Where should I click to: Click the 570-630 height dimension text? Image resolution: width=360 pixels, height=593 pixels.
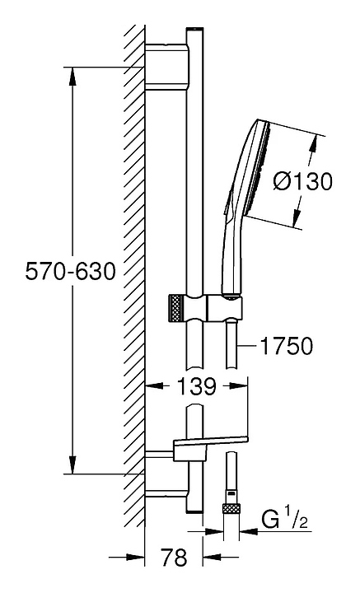tap(70, 272)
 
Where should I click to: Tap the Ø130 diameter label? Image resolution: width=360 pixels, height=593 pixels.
tap(302, 181)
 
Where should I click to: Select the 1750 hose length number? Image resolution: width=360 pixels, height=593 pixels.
tap(287, 346)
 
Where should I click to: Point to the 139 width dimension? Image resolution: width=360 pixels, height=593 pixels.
tap(197, 386)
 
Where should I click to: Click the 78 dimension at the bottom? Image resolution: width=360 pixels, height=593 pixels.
tap(174, 557)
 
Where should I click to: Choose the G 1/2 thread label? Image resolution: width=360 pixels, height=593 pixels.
tap(285, 521)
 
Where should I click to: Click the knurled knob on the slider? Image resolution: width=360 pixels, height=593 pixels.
tap(175, 306)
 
